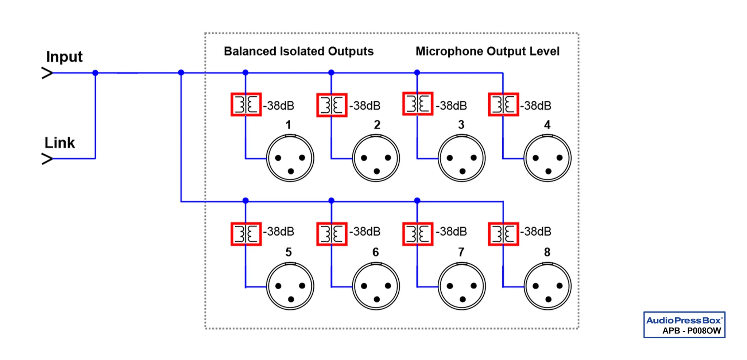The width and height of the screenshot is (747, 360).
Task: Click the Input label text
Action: tap(64, 57)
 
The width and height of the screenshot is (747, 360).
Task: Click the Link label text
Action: tap(59, 143)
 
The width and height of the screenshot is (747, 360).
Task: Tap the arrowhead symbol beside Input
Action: tap(47, 73)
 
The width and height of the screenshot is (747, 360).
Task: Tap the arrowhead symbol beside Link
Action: tap(47, 159)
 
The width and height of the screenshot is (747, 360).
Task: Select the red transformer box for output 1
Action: tap(246, 105)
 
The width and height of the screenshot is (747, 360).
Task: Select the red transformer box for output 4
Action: tap(503, 105)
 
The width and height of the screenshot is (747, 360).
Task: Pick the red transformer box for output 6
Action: tap(332, 234)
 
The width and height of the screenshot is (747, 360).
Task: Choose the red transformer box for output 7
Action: tap(418, 234)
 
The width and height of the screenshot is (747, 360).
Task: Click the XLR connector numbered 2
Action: tap(376, 158)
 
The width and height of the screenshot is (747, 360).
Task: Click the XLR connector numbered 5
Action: tap(290, 286)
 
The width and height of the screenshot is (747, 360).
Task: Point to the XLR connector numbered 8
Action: tap(547, 286)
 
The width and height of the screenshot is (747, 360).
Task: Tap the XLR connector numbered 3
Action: tap(462, 158)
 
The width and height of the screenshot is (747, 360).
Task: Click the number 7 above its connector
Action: tap(461, 252)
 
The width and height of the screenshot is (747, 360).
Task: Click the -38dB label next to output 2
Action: tap(365, 106)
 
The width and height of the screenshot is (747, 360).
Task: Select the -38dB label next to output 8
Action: tap(535, 232)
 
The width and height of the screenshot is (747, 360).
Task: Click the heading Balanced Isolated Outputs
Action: tap(299, 51)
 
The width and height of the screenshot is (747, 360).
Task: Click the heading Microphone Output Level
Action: tap(487, 51)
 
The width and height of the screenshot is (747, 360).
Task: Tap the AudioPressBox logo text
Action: tap(684, 321)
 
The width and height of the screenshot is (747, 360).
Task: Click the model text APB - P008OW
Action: tap(692, 331)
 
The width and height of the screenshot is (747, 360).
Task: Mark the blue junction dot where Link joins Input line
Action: tap(95, 73)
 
